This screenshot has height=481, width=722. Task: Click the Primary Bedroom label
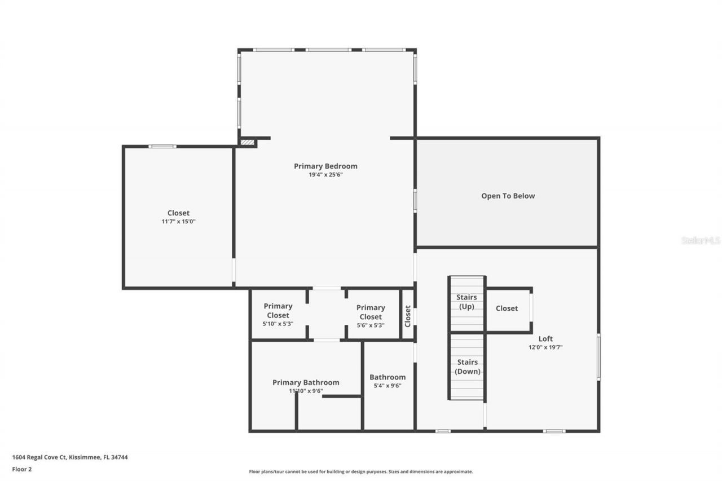[325, 166]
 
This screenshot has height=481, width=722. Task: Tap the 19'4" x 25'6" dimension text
[325, 175]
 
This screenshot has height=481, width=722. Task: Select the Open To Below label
[508, 196]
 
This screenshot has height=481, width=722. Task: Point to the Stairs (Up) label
[466, 302]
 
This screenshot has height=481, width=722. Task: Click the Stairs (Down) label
[467, 367]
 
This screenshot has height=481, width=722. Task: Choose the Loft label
[545, 338]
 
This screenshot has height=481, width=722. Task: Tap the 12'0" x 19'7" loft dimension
[545, 347]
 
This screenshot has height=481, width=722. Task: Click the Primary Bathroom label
[306, 382]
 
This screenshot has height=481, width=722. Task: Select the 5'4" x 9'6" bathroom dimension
[388, 386]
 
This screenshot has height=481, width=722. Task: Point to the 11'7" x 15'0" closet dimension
[178, 222]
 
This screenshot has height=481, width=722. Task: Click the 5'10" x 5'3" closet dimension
[278, 324]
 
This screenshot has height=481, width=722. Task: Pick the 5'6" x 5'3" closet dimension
[371, 325]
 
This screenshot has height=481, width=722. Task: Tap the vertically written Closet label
[408, 316]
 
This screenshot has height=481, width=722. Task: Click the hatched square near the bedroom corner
[247, 142]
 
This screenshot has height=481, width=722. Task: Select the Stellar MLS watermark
[701, 240]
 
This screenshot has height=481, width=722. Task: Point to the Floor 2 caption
[21, 469]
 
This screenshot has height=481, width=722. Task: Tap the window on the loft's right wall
[598, 357]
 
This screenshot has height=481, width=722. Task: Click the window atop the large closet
[162, 147]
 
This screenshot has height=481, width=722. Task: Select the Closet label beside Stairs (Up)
[507, 308]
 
